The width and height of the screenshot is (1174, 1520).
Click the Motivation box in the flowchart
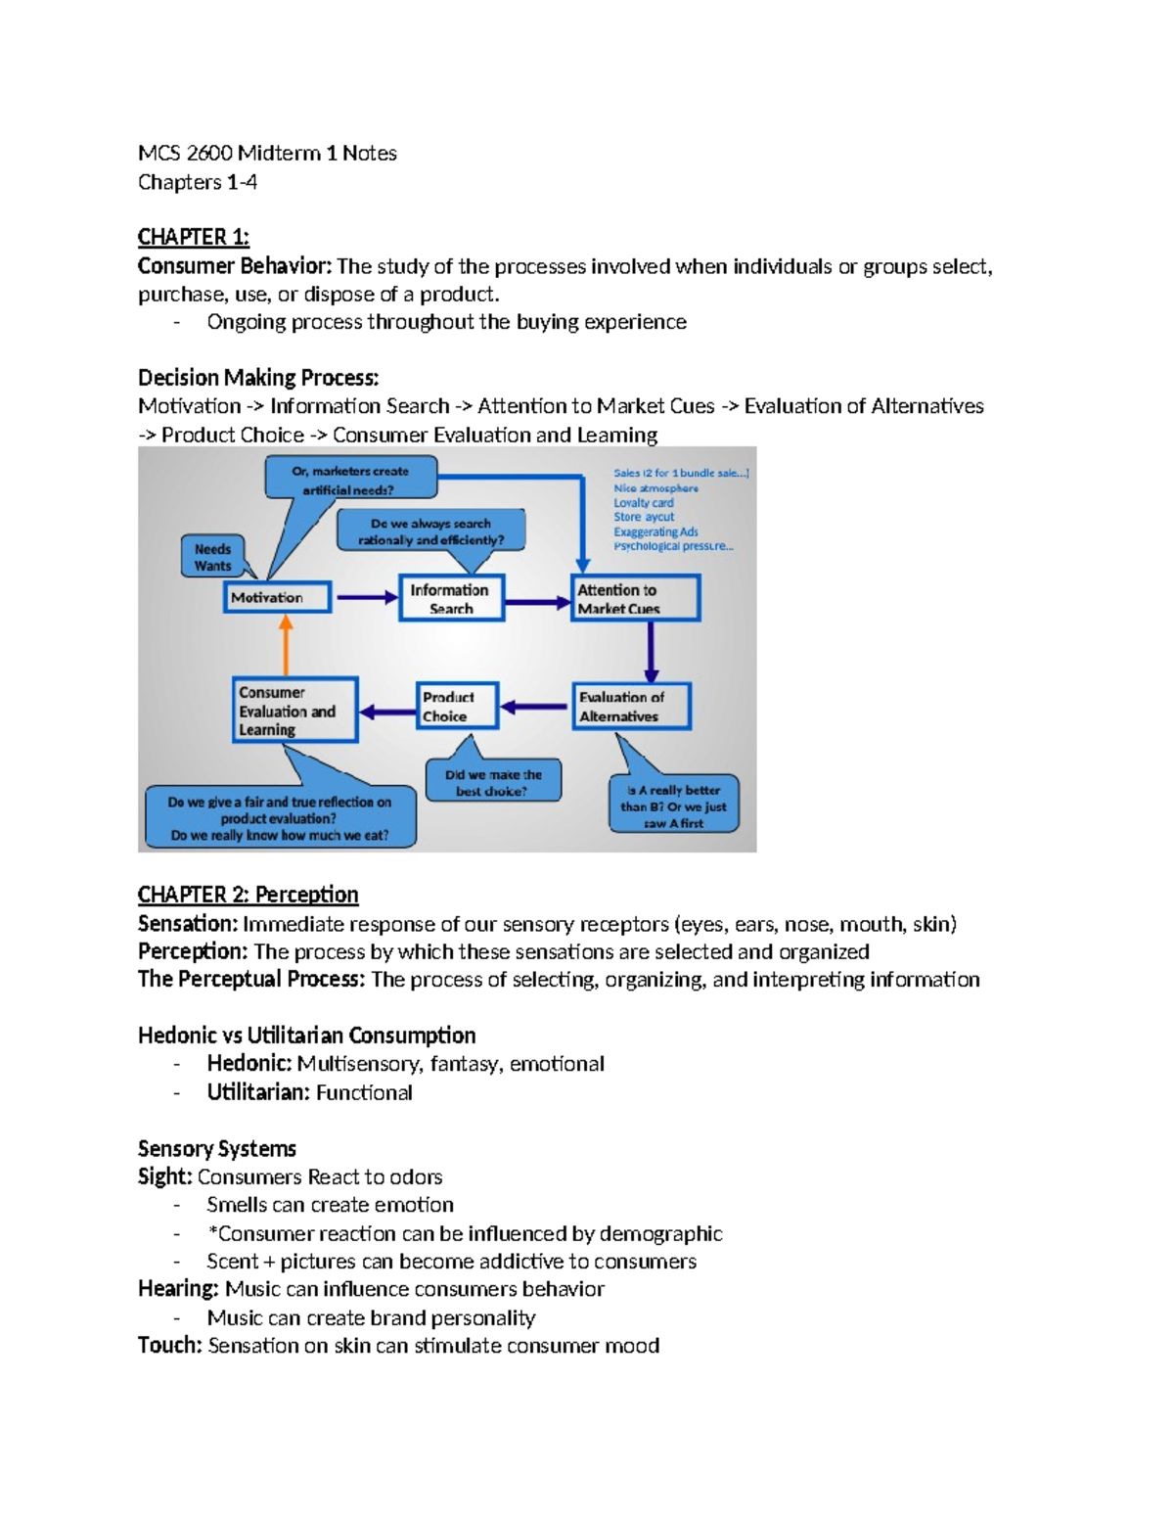[277, 597]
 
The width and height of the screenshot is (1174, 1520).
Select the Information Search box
[451, 598]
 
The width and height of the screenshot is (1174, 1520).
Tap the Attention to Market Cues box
[635, 598]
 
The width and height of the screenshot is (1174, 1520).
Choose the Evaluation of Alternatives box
[631, 706]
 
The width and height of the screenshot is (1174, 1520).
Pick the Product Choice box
[457, 706]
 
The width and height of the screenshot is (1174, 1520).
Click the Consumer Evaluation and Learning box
[294, 711]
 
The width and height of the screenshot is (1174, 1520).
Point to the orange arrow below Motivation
[286, 645]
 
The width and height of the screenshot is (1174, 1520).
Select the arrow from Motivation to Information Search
[365, 597]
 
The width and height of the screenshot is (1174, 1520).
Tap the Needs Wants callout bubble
[212, 557]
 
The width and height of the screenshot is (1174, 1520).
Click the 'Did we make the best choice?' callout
[493, 781]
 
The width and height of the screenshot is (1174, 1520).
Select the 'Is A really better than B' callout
[673, 806]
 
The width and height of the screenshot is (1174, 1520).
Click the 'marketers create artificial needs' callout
[350, 480]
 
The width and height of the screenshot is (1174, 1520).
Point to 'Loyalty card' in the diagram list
[643, 502]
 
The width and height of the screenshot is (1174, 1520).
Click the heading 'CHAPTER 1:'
[193, 237]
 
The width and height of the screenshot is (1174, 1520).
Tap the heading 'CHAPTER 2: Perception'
[248, 895]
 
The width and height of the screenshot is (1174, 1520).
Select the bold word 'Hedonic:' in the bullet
[248, 1064]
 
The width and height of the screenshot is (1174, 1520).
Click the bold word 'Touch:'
[170, 1346]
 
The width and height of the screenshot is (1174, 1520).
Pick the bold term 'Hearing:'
[178, 1289]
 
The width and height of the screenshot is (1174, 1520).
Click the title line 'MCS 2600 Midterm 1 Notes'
[267, 153]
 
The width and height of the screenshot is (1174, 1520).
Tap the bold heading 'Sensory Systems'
[216, 1148]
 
